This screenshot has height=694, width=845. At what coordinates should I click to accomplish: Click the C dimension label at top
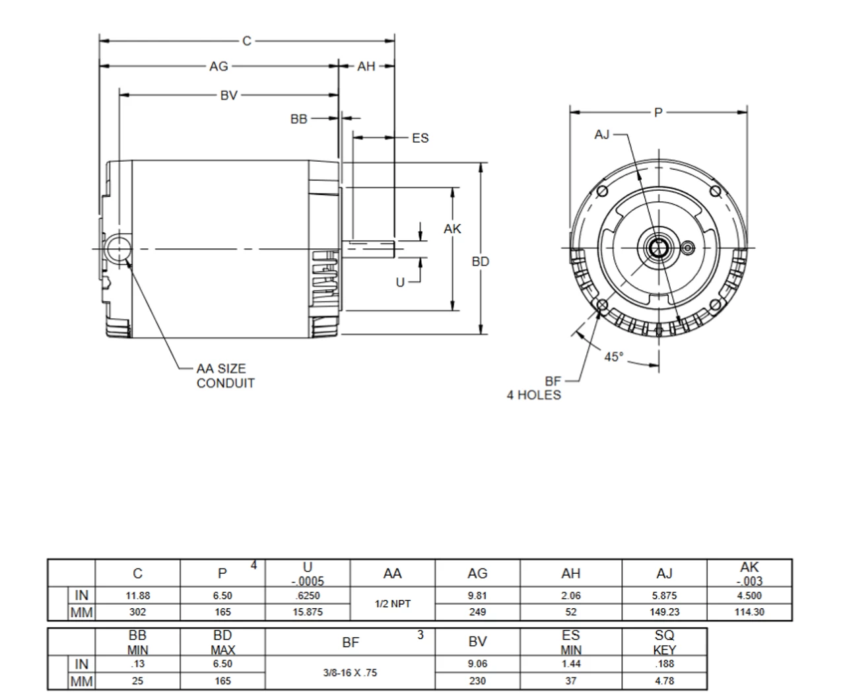[x=247, y=41]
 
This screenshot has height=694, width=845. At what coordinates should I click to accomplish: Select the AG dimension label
[x=219, y=66]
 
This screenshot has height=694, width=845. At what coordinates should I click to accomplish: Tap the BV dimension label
[x=228, y=96]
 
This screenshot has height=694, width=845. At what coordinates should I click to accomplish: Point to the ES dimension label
[x=420, y=138]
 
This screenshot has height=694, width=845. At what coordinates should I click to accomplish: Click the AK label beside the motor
[x=452, y=229]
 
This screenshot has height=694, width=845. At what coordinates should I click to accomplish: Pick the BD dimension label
[x=481, y=261]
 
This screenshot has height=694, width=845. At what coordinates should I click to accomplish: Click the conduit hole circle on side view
[x=117, y=249]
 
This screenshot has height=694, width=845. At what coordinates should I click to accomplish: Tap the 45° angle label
[x=613, y=357]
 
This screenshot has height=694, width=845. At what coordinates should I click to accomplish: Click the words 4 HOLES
[x=533, y=395]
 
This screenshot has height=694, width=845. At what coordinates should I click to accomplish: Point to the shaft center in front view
[x=658, y=248]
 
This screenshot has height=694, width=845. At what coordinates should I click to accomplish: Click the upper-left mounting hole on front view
[x=601, y=191]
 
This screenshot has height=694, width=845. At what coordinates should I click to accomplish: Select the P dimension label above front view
[x=658, y=113]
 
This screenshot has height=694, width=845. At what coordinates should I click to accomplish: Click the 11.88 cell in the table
[x=137, y=596]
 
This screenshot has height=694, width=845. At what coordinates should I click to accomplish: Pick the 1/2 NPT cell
[x=392, y=604]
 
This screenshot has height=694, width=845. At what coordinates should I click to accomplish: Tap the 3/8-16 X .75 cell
[x=350, y=673]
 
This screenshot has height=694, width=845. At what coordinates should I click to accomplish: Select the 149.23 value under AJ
[x=664, y=612]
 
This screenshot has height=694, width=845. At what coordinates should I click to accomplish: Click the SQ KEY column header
[x=664, y=642]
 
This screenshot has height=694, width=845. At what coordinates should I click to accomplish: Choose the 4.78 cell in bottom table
[x=664, y=681]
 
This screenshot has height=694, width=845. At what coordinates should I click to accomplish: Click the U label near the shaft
[x=400, y=283]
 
